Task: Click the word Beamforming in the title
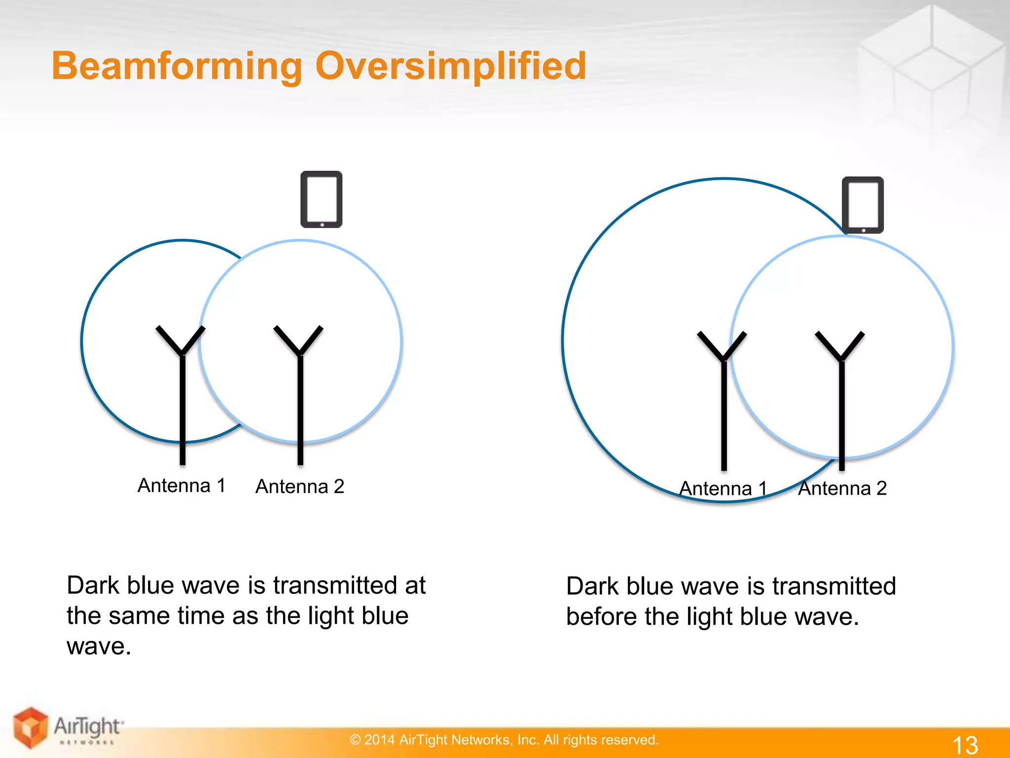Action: tap(177, 67)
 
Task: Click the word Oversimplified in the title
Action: tap(450, 67)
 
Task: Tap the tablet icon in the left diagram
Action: tap(322, 199)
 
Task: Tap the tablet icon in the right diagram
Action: tap(863, 205)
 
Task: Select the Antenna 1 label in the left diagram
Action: tap(181, 486)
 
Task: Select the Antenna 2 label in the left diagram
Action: tap(300, 487)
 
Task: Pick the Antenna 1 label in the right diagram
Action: tap(723, 489)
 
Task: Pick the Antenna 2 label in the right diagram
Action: tap(842, 489)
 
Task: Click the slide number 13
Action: tap(965, 745)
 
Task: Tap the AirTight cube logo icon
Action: tap(31, 727)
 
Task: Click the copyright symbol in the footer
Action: tap(355, 740)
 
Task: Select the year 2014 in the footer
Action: tap(379, 740)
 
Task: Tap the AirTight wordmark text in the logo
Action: tap(87, 726)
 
